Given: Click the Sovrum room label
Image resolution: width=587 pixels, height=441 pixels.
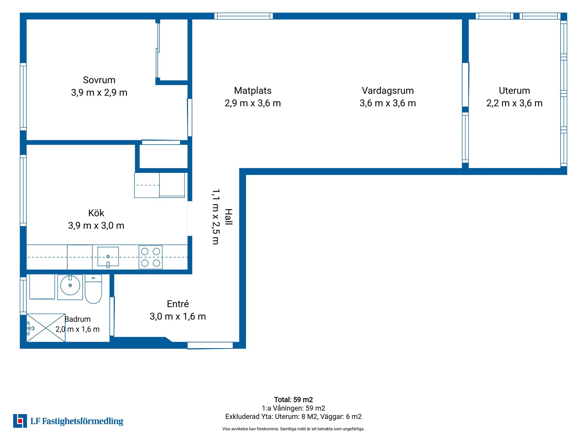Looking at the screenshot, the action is coord(99,80).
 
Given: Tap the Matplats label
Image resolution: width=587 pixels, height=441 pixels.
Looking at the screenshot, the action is coord(253,91).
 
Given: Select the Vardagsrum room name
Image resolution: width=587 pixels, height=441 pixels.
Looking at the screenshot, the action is coord(388,91).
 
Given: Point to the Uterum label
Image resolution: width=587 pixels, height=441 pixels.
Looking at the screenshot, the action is coord(514,91).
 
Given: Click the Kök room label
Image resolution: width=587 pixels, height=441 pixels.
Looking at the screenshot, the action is coord(96,213).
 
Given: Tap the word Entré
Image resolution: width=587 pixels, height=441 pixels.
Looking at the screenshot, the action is coord(178,304).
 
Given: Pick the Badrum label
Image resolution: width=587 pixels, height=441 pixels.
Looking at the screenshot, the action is coord(78,319).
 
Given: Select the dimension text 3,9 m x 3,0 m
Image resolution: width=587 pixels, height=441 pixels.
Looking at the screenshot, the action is coord(96,226).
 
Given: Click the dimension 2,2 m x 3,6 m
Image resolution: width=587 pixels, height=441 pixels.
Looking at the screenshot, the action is coord(514,103).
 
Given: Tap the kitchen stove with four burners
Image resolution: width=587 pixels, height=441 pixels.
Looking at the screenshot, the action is coord(150,257).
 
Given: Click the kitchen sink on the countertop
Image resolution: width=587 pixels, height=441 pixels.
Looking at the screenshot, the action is coord(108,257).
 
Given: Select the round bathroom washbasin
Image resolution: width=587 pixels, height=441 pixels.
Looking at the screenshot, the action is coord(70,285).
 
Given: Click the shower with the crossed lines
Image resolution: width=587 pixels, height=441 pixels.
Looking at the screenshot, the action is coord(46,328).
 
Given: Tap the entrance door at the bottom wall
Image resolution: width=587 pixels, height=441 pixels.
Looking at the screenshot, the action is coord(210,345).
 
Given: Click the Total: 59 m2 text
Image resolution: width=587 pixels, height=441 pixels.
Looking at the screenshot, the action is coord(293,400).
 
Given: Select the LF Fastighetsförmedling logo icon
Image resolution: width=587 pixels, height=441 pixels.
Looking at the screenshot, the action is coord(20,421).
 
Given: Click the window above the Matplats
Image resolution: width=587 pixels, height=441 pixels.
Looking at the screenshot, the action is coord(243,16).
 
